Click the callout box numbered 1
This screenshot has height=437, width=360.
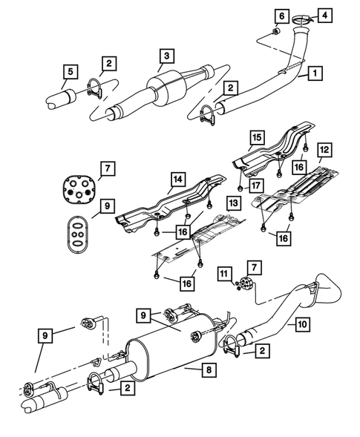(x=315, y=73)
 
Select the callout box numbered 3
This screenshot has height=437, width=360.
(x=168, y=56)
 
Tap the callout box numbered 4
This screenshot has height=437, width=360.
(x=327, y=14)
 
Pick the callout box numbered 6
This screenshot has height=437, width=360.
(x=281, y=16)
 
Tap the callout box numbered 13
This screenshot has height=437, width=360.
(x=232, y=203)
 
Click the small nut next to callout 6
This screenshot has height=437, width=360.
(x=275, y=32)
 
